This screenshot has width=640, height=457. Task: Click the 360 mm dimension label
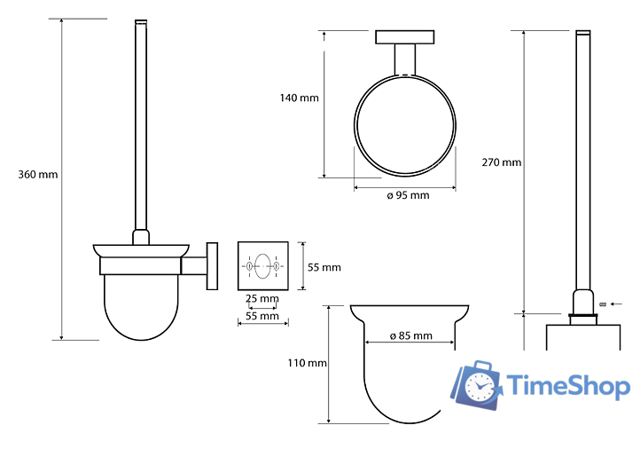[38, 175]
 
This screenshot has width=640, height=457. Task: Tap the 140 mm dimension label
[300, 98]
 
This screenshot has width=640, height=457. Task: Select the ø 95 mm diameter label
[408, 195]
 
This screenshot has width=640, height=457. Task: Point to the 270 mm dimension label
[502, 162]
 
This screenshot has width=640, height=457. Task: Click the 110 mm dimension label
[308, 363]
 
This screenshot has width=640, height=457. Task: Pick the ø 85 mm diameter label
[411, 336]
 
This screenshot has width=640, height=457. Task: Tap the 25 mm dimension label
[262, 298]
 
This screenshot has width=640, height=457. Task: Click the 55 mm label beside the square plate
[324, 267]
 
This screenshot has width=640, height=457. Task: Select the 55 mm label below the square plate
[262, 316]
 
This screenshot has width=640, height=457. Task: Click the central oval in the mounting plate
[262, 266]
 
